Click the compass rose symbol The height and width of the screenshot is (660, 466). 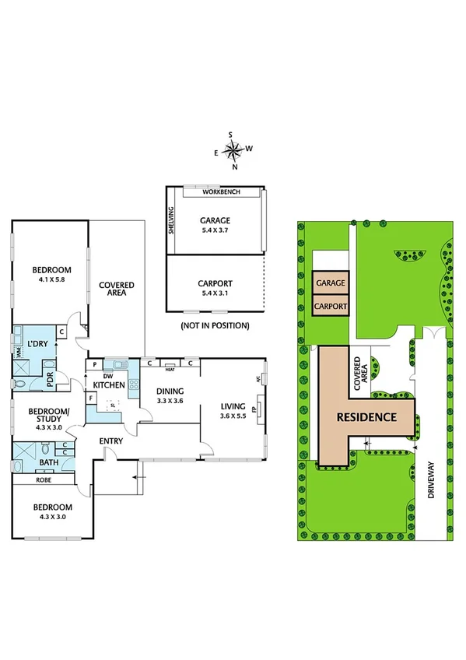click(233, 149)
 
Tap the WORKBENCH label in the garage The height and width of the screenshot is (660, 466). click(220, 191)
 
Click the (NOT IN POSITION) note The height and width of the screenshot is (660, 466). click(215, 325)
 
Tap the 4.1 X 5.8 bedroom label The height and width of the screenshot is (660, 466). click(51, 275)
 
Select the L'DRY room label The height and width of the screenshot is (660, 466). click(38, 343)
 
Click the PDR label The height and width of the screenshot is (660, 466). click(49, 382)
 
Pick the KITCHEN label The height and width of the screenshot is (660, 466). click(110, 384)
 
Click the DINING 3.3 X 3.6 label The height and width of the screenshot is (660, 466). click(169, 396)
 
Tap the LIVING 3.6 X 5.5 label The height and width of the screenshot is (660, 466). click(233, 411)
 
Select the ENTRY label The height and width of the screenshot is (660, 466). click(111, 441)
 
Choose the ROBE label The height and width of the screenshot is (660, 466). click(26, 480)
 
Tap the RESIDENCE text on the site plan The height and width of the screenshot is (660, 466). click(366, 417)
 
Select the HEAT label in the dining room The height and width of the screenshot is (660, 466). click(170, 369)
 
